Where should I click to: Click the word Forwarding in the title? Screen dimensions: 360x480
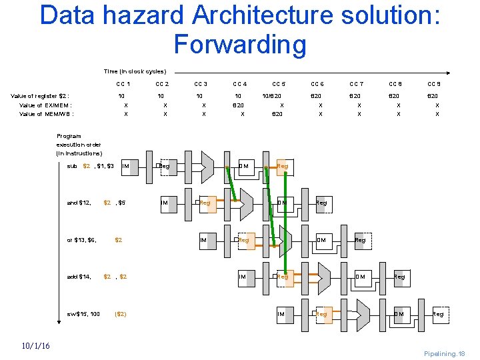pos(240,44)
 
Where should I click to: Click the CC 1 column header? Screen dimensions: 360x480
pos(123,84)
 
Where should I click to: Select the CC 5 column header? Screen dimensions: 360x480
pos(278,84)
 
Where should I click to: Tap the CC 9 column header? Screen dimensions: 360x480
pos(433,84)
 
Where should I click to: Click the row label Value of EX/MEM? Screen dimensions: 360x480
pos(45,105)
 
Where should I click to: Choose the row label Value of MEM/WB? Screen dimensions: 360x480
pos(46,114)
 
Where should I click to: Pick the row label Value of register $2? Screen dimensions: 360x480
pos(40,96)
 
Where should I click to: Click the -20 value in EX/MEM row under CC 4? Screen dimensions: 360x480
pos(238,105)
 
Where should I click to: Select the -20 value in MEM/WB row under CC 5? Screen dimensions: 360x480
pos(277,114)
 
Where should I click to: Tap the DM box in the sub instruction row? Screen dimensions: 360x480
pos(245,165)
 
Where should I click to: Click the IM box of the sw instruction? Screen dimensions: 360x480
pos(282,313)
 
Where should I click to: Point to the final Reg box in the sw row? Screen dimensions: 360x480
pos(438,313)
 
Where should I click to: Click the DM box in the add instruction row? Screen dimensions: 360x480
pos(360,276)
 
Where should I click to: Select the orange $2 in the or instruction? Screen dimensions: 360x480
pos(119,239)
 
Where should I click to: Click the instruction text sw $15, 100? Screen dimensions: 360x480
pos(83,313)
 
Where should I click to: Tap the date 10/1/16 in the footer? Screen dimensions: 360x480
pos(35,345)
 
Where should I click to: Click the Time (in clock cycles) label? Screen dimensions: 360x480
pos(135,71)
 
